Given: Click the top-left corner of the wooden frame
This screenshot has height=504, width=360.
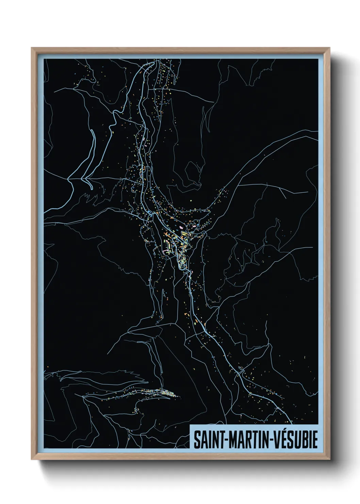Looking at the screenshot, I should tap(32, 48).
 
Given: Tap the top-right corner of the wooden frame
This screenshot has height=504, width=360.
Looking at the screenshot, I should tap(330, 48).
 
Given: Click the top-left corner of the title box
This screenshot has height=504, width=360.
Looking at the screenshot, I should tap(190, 425).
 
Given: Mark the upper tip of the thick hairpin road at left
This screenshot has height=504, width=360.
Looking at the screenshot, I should tap(92, 130).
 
